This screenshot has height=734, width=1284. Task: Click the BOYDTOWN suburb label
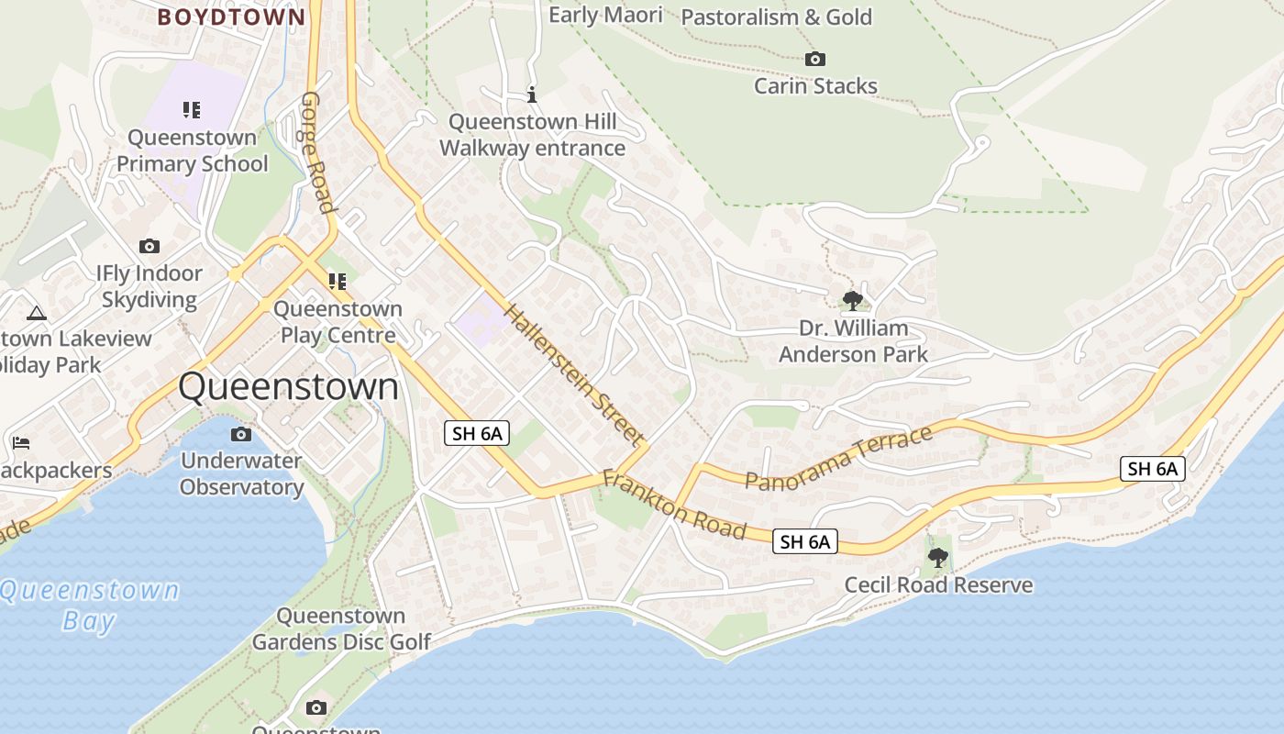[231, 17]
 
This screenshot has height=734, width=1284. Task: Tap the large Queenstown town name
[289, 386]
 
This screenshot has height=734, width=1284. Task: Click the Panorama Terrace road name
[838, 458]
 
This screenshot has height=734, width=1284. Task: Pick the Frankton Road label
[674, 506]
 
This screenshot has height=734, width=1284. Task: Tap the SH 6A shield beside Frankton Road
[805, 541]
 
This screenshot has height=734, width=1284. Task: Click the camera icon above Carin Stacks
[814, 60]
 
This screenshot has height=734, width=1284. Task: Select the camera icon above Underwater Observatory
[241, 434]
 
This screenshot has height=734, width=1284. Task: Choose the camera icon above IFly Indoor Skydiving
[149, 246]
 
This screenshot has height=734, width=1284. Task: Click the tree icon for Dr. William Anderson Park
[852, 300]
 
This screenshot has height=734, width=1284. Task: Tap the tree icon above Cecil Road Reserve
[937, 557]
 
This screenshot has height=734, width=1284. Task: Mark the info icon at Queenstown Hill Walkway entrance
[532, 94]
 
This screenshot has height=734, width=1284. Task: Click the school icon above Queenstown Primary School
[191, 110]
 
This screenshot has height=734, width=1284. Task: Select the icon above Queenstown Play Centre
[338, 281]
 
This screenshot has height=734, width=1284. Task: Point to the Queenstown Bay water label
[89, 605]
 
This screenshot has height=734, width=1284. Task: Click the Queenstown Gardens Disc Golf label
[341, 628]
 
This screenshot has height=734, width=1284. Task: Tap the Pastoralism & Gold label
[776, 17]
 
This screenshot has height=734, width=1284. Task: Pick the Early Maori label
[605, 15]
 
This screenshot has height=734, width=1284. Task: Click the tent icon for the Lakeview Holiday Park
[37, 314]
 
